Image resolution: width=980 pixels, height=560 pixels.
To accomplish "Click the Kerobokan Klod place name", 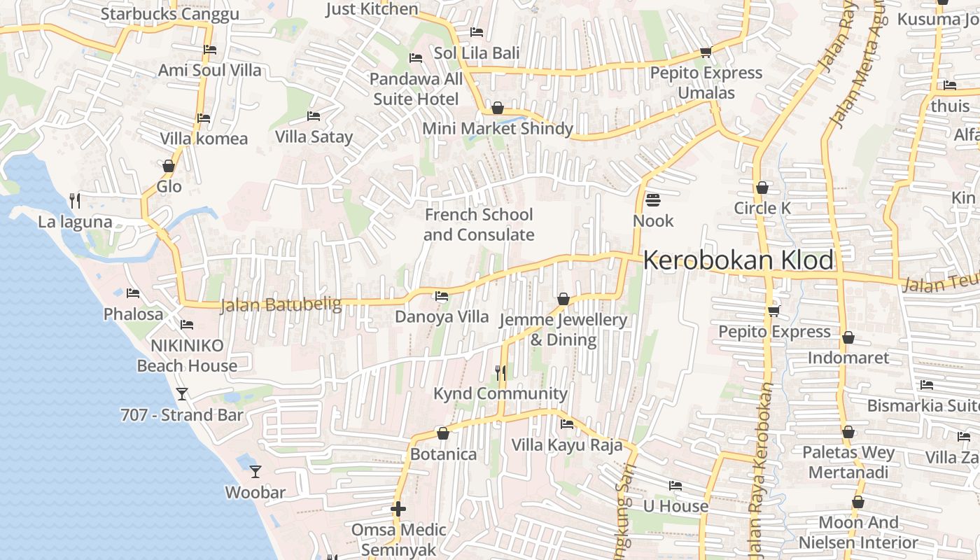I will coord(738,260).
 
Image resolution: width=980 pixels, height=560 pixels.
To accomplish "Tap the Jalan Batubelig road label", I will coord(281,305).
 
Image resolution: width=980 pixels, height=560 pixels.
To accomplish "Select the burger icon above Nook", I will coord(653,200).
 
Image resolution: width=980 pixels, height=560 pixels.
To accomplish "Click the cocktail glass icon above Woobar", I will coord(255,472).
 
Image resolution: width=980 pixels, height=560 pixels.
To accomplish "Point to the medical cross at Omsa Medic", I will coord(398,509).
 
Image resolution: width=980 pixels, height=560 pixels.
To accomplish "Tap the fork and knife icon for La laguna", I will coord(75,202).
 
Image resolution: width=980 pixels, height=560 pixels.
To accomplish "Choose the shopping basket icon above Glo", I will coord(169,166).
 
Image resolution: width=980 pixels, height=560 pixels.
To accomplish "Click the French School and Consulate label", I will coord(479,225).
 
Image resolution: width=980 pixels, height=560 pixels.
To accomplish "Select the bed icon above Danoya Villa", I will coord(442,296).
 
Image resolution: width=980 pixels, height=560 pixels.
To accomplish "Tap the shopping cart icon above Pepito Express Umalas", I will coord(706,52).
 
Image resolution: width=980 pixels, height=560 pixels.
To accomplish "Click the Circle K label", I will coord(762,208).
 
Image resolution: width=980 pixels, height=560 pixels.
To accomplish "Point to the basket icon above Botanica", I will coord(442,434).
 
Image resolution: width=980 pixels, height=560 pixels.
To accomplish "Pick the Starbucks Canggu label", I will coord(170,14).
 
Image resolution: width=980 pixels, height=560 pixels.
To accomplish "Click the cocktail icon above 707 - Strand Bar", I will coord(182,394).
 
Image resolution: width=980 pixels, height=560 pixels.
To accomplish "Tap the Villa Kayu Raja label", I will coord(567,445).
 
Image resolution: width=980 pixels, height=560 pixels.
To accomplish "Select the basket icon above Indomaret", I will coord(848,338).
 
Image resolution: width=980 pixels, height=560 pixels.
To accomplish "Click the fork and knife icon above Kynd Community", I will coord(500,372).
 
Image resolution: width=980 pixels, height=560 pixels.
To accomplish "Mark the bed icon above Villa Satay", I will coord(314,115).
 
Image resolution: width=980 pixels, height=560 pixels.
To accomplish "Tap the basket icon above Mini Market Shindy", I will coord(498,108).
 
